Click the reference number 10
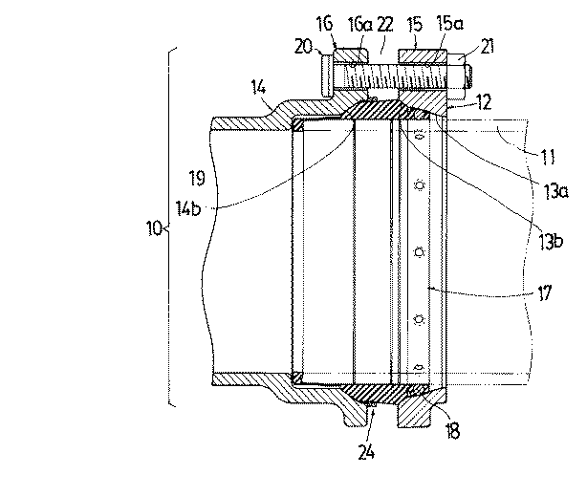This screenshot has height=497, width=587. pyautogui.click(x=154, y=227)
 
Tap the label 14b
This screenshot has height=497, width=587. pyautogui.click(x=188, y=208)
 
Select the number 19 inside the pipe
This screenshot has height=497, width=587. pyautogui.click(x=197, y=178)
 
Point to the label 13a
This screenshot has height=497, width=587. pyautogui.click(x=555, y=191)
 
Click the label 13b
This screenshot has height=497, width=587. pyautogui.click(x=551, y=242)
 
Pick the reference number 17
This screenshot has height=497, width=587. pyautogui.click(x=544, y=292)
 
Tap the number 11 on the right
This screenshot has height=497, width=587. pyautogui.click(x=549, y=157)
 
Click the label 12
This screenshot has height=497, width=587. pyautogui.click(x=484, y=102)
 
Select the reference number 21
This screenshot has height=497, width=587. pyautogui.click(x=487, y=47)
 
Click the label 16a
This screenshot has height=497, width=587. pyautogui.click(x=360, y=25)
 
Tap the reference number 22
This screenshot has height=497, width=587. pyautogui.click(x=385, y=24)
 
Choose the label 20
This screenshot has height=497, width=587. pyautogui.click(x=303, y=47)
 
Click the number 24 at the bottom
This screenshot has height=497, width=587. pyautogui.click(x=366, y=452)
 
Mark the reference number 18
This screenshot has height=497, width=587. pyautogui.click(x=452, y=431)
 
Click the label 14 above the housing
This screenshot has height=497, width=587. pyautogui.click(x=258, y=88)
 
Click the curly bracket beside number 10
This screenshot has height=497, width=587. pyautogui.click(x=169, y=227)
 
